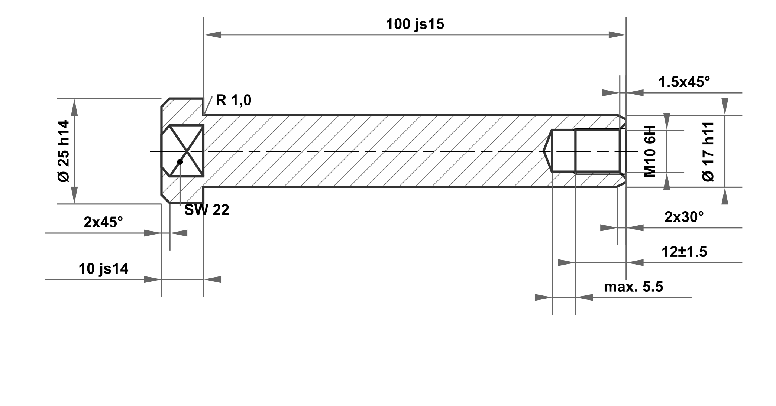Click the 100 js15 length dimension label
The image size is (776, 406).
(415, 24)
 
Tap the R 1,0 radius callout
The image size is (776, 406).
(233, 100)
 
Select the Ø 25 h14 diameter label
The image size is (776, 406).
(64, 151)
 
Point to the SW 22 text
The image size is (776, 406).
(207, 210)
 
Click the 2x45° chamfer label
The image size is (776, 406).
(103, 222)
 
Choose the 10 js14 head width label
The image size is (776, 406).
(103, 269)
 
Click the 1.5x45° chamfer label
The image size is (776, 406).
(684, 82)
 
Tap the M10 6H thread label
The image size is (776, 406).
(650, 151)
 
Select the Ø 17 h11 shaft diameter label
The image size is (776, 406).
(708, 151)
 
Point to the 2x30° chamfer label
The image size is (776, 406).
(684, 217)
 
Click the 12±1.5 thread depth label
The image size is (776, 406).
(684, 252)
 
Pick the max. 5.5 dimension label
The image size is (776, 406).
(633, 287)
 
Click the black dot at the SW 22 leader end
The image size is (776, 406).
(180, 162)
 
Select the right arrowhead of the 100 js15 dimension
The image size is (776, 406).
(617, 35)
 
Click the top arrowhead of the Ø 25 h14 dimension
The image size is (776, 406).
(74, 107)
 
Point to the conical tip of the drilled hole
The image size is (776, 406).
(547, 151)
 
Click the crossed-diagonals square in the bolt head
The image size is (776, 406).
(187, 151)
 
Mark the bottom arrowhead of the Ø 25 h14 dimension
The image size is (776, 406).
(74, 196)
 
